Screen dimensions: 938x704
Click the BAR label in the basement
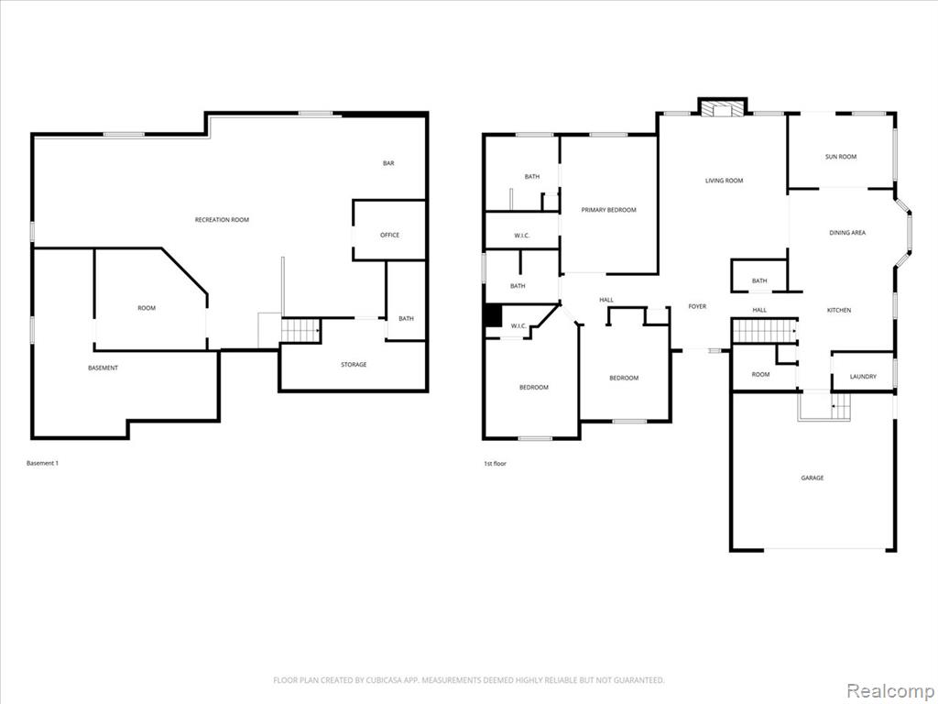tap(388, 163)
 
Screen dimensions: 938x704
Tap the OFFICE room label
tap(389, 236)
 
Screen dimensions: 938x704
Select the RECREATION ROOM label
tap(222, 220)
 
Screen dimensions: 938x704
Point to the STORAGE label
tap(354, 365)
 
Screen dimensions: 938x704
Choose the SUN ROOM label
tap(841, 157)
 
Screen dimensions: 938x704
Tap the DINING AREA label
tap(847, 233)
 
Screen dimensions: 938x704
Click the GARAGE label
tap(813, 478)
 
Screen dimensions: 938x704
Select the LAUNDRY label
tap(863, 377)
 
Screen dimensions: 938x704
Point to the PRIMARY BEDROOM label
tap(609, 210)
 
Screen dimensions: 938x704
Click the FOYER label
tap(697, 306)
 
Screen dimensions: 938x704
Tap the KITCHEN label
tap(839, 310)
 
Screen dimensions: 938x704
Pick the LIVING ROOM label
tap(724, 181)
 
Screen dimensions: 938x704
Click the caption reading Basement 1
tap(42, 463)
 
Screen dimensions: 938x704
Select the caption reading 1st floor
tap(495, 463)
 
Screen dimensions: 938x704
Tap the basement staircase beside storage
tap(300, 330)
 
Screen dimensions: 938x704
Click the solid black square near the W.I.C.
tap(492, 316)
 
